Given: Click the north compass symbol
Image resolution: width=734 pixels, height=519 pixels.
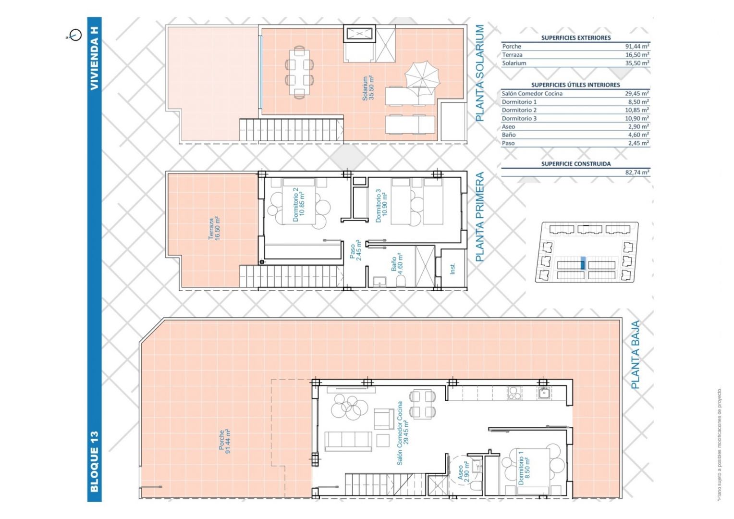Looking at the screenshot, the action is (x=75, y=35).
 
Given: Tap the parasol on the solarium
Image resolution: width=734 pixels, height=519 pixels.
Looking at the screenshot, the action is (x=422, y=78).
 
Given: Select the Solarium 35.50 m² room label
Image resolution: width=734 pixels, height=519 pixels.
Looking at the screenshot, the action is (x=368, y=88).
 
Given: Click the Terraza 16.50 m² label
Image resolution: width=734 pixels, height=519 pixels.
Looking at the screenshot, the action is (x=214, y=228).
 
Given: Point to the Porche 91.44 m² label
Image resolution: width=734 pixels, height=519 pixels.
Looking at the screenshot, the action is (x=225, y=442).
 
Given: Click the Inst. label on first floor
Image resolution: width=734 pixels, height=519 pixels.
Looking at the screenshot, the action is (x=453, y=269).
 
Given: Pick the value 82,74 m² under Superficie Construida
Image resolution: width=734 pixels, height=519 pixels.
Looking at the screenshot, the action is (x=637, y=172).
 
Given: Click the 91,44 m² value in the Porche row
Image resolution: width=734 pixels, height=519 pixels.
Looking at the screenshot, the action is (x=637, y=47).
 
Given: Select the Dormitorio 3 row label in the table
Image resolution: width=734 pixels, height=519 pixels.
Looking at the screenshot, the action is (x=519, y=118).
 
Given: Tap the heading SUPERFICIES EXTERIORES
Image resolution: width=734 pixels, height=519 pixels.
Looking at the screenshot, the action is (x=576, y=37).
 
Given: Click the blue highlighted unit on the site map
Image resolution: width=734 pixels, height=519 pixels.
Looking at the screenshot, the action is (x=583, y=263).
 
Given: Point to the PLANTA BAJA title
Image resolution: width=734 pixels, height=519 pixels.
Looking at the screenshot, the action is (x=636, y=355).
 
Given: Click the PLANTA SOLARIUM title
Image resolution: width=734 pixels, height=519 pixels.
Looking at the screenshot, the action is (x=479, y=73).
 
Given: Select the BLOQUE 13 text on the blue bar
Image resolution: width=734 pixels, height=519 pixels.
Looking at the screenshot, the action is (x=94, y=462).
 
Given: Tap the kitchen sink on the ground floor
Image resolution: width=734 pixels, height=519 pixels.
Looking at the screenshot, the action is (x=544, y=392).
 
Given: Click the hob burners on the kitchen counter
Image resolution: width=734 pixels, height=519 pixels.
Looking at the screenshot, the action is (x=514, y=393).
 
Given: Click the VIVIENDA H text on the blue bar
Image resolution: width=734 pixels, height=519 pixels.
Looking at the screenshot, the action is (x=94, y=58).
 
